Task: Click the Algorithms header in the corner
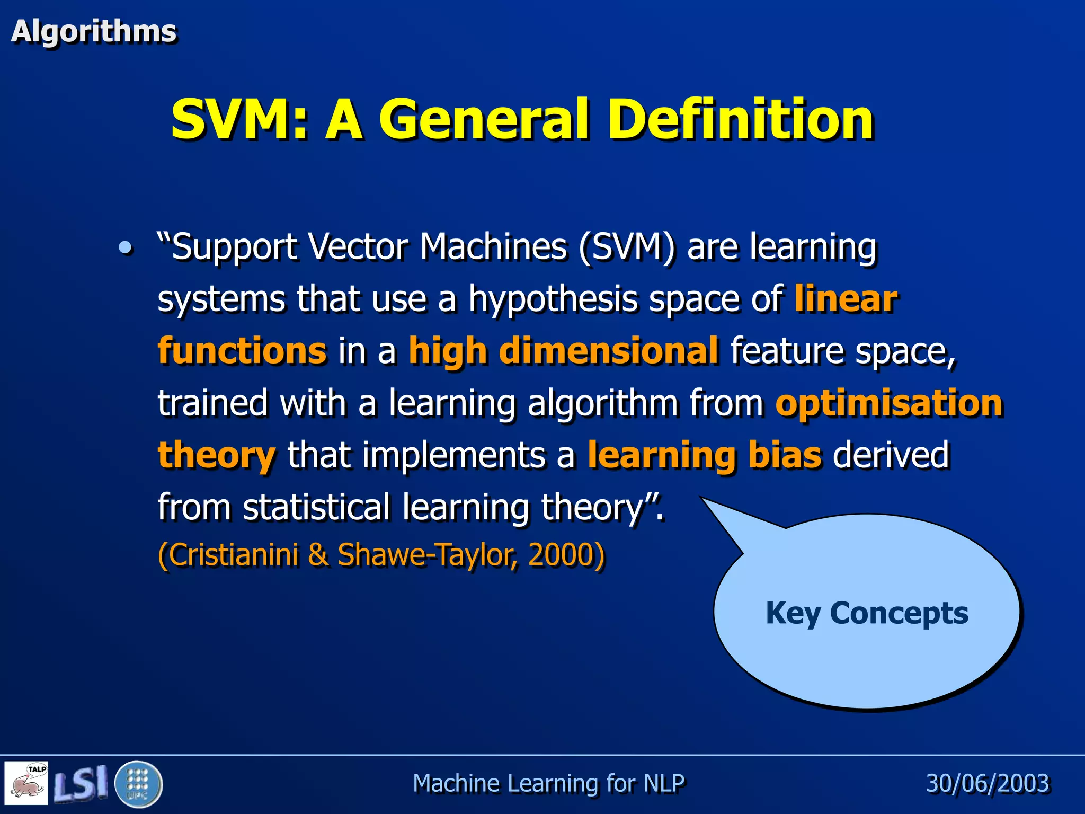tap(93, 31)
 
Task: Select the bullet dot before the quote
tap(126, 247)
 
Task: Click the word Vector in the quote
tap(358, 247)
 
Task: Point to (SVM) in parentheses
tap(627, 247)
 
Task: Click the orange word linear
tap(846, 299)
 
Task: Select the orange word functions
tap(242, 351)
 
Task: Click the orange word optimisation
tap(889, 403)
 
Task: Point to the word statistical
tap(316, 507)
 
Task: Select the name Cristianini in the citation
tap(233, 555)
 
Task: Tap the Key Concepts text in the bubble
tap(867, 613)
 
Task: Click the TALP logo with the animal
tap(26, 783)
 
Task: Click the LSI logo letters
tap(81, 783)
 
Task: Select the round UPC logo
tap(138, 784)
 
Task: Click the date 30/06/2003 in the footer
tap(987, 783)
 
